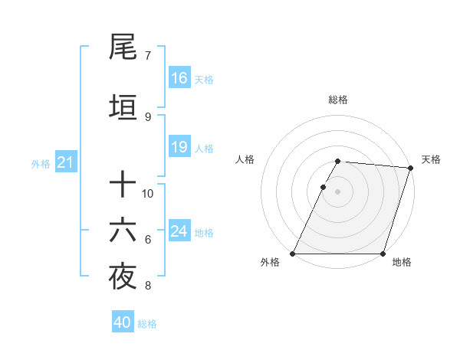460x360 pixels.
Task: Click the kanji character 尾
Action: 123,48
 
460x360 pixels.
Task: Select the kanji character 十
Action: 123,185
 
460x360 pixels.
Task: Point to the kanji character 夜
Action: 123,278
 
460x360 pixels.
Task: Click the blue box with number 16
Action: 179,78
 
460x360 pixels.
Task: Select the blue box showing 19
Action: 179,147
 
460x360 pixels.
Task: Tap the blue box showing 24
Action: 179,231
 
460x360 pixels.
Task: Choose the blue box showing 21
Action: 66,162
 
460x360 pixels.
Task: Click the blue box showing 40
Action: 123,322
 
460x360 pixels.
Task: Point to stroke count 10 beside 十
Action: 148,193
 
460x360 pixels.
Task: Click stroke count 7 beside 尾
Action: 147,55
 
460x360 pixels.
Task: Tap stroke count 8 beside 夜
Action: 147,286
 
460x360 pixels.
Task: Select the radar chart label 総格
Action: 338,100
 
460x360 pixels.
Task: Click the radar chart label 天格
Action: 431,159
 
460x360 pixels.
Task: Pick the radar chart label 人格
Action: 245,159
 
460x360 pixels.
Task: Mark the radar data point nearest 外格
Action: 293,254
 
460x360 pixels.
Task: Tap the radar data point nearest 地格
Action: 383,254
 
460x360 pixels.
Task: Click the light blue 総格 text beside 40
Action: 148,324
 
